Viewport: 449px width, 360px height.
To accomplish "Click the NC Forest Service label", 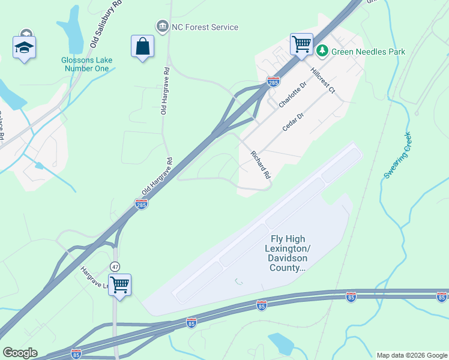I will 205,27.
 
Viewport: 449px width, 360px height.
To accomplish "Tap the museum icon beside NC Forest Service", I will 162,26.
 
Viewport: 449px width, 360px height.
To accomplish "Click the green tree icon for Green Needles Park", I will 322,51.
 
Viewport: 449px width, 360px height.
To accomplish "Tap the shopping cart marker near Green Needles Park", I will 301,44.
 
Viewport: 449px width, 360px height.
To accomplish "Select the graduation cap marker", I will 24,47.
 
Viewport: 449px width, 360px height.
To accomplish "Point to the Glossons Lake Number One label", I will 85,64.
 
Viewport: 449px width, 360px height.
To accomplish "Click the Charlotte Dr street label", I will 292,95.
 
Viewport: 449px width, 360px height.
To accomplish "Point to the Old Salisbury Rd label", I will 106,24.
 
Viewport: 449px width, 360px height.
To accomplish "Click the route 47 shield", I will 115,266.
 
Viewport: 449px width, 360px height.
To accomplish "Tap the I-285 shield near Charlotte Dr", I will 273,82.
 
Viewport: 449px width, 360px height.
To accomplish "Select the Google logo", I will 20,353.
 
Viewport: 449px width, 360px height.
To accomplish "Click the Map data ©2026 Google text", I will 411,355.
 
